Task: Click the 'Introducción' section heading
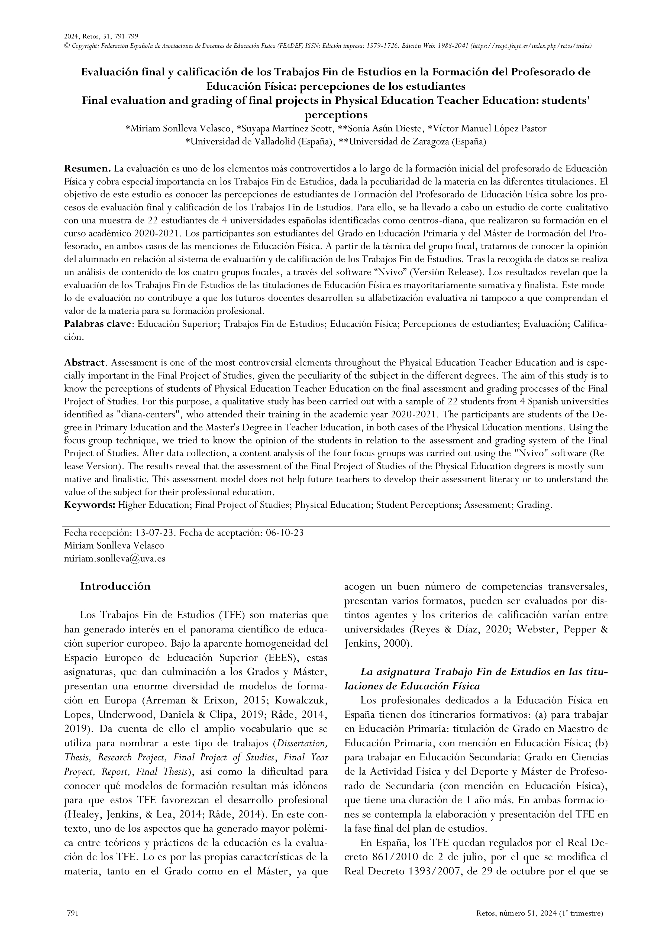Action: click(115, 586)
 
